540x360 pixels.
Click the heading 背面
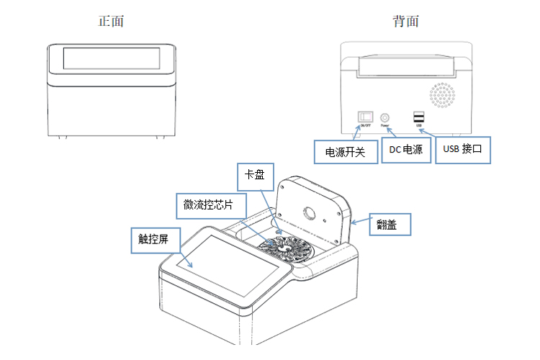click(x=406, y=21)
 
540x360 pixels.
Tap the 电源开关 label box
click(x=346, y=152)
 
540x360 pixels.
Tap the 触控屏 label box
click(x=153, y=238)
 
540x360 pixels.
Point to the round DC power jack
click(x=385, y=117)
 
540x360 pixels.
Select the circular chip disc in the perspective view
click(x=287, y=248)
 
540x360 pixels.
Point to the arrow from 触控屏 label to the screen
click(x=179, y=256)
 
